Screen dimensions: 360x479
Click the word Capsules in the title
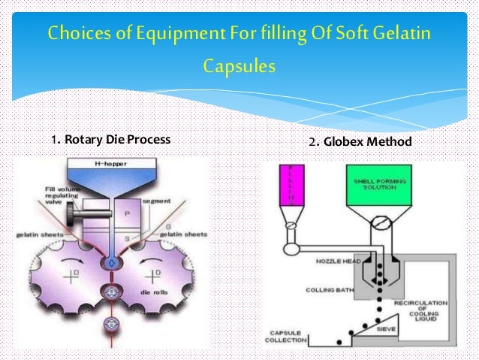tap(239, 68)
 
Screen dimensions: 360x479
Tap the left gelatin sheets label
tap(33, 236)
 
